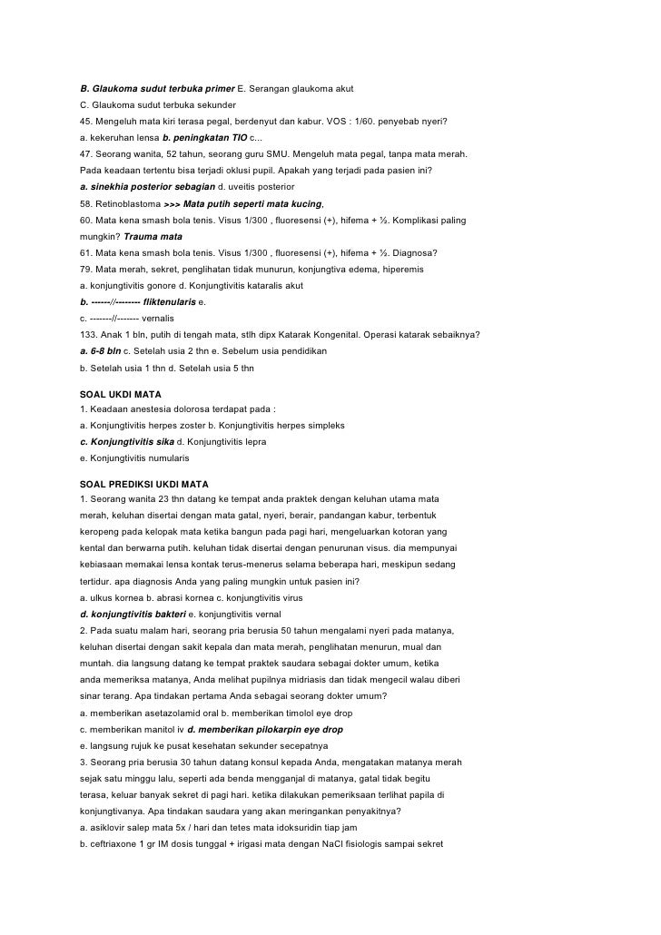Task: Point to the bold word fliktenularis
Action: [x=170, y=301]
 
